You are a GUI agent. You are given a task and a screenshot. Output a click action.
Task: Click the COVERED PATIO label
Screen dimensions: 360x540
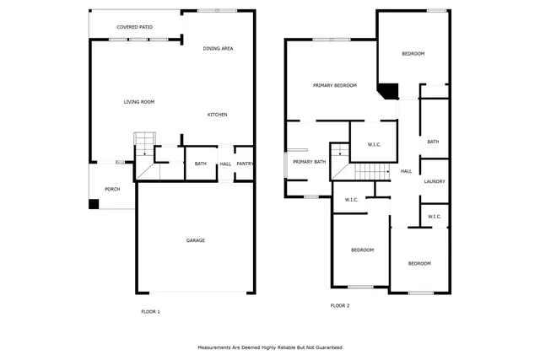[134, 28]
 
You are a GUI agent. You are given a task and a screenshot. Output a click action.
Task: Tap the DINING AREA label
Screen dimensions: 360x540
[218, 49]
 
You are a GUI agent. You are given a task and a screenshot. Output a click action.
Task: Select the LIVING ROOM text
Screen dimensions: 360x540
[139, 102]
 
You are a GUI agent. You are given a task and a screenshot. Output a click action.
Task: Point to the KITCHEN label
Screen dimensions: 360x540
[218, 115]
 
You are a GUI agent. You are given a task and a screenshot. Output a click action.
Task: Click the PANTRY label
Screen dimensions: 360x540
[245, 164]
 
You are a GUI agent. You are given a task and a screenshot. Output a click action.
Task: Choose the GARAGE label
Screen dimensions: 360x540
[196, 240]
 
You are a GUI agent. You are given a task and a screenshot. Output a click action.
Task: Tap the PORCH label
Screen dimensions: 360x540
[112, 189]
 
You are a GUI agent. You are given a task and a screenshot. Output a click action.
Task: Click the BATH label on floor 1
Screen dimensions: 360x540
[201, 164]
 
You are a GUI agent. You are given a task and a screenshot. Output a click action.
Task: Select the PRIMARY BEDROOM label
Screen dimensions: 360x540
[335, 85]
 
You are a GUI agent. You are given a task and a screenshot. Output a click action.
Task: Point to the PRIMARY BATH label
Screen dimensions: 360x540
[309, 162]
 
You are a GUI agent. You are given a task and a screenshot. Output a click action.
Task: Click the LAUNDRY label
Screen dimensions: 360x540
[435, 181]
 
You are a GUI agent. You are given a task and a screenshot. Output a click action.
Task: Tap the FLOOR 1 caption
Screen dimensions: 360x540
[150, 312]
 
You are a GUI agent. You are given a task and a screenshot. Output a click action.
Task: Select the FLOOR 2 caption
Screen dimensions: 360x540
[339, 305]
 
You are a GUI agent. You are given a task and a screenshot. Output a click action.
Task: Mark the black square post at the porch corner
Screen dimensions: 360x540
[93, 203]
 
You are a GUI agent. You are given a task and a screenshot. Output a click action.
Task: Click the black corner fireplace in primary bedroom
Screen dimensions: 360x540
[388, 91]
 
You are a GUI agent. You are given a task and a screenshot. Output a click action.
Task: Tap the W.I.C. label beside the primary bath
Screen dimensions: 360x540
[352, 200]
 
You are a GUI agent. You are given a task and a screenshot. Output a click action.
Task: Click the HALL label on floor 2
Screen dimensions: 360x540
[406, 171]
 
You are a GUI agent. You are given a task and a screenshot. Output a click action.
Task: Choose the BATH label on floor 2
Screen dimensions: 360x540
[433, 142]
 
